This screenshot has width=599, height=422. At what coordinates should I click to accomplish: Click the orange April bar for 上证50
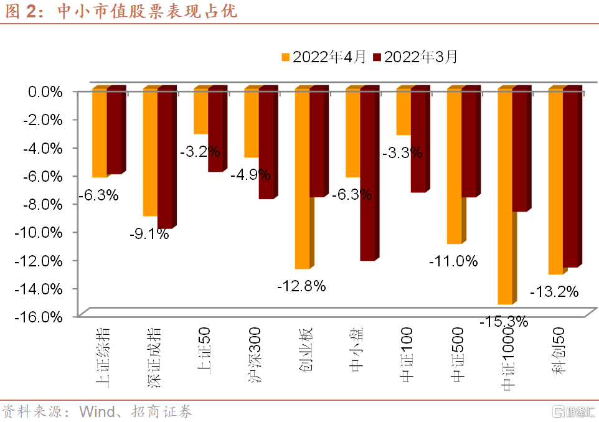click(x=200, y=111)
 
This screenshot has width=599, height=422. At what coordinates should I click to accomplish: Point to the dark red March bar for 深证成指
click(x=164, y=159)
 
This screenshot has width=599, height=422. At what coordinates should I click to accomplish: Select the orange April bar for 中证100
click(x=403, y=112)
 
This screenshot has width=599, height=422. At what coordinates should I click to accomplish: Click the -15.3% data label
click(x=504, y=322)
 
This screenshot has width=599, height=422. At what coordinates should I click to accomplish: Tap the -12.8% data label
click(x=301, y=286)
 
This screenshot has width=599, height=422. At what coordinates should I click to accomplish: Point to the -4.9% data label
click(x=250, y=175)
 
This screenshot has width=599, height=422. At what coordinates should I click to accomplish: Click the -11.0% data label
click(x=453, y=261)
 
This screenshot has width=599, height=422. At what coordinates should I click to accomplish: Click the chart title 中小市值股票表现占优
click(x=147, y=12)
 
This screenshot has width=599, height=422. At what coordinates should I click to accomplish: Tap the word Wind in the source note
click(x=97, y=411)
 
